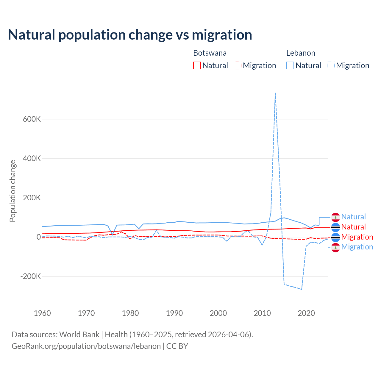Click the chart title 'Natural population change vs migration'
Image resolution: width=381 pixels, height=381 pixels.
pos(130,35)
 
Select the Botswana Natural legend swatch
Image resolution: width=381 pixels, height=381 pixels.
pos(197,65)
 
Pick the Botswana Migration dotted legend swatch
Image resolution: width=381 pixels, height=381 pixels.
pos(238,65)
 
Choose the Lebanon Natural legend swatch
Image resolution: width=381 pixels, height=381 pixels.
pos(290,65)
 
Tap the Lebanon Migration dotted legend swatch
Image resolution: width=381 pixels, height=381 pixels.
pos(331,65)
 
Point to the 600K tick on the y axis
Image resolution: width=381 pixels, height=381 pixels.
pos(32,119)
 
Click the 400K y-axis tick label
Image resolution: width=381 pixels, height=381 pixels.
pos(32,158)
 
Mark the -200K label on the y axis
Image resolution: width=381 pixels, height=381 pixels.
pos(30,276)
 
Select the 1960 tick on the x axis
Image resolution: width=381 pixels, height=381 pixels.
pos(42,313)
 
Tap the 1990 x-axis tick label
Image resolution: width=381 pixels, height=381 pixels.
pos(174,313)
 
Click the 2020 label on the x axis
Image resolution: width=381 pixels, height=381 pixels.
pos(306,313)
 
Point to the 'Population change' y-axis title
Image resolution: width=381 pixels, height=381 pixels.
pos(13,191)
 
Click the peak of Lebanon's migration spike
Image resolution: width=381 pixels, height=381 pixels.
pos(275,93)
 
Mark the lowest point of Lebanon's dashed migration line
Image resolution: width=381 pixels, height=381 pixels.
pos(302,289)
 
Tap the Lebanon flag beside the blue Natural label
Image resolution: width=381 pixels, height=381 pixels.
pos(335,217)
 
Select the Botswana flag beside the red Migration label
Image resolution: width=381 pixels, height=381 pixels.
pos(335,237)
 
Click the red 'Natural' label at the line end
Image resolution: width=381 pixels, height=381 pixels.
pos(353,227)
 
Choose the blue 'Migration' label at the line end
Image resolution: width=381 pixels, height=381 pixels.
pos(357,247)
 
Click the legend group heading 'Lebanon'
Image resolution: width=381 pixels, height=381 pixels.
pos(301,53)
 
